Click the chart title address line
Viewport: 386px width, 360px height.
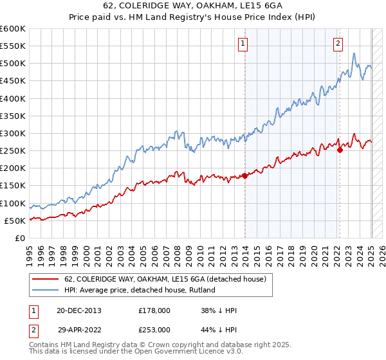192,7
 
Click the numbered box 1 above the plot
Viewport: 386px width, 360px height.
243,44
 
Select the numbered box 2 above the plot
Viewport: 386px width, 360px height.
338,44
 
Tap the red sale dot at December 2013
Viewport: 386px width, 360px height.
245,175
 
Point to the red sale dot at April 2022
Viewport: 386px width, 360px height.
340,150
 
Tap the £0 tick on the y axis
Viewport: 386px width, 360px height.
19,238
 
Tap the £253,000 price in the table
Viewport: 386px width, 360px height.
154,329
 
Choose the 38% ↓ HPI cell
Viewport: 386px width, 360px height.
219,310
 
